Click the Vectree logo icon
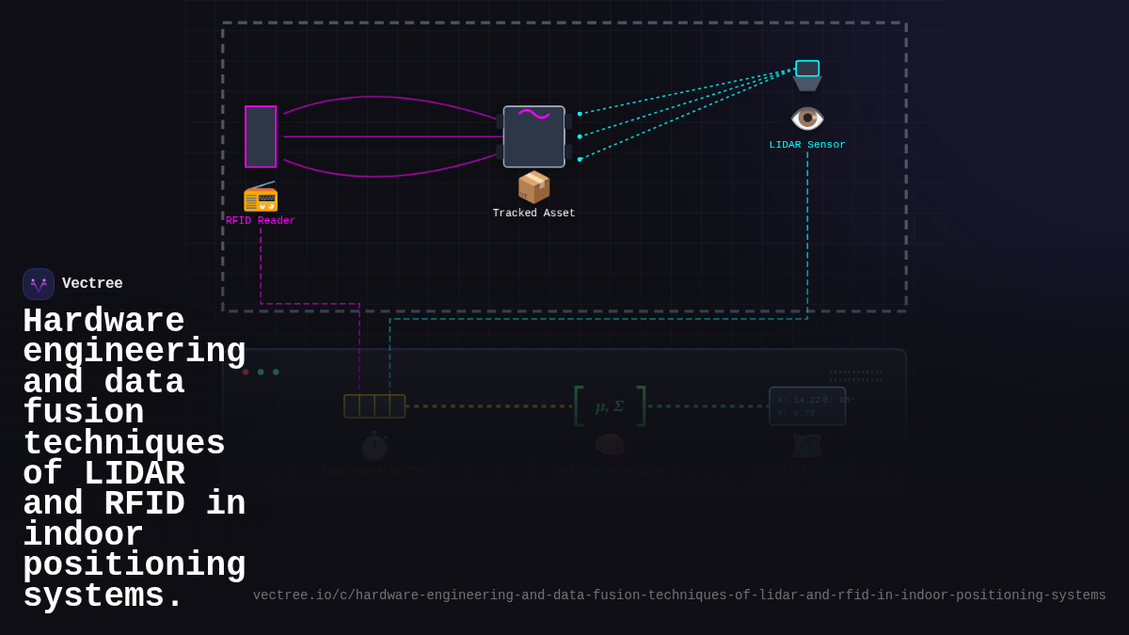(x=39, y=284)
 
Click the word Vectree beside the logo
(x=92, y=284)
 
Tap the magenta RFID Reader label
(x=261, y=221)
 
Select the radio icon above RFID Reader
(x=261, y=197)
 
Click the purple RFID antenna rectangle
(x=261, y=136)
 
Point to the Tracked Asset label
(x=533, y=214)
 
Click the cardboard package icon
(x=533, y=187)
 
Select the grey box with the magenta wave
(x=533, y=136)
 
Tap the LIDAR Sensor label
(x=807, y=145)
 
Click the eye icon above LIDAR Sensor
(x=807, y=119)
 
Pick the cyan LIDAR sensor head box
(x=807, y=69)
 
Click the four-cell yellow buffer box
(x=374, y=406)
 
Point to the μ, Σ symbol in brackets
(x=610, y=406)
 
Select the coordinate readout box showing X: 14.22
(x=807, y=406)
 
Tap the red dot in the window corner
(x=246, y=372)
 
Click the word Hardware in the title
(x=103, y=322)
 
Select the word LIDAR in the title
(x=134, y=474)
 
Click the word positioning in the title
(x=134, y=565)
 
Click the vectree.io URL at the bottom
(x=679, y=595)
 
